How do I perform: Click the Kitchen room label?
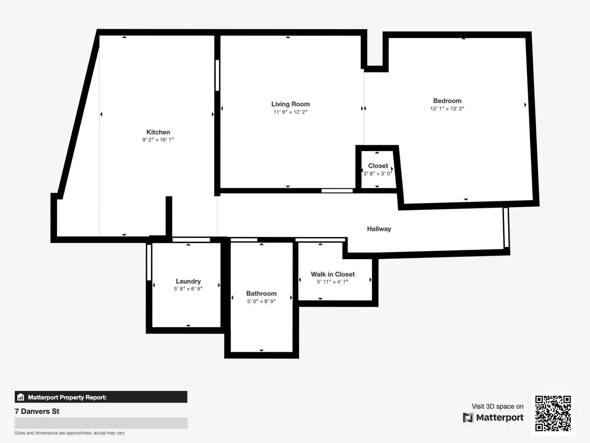click(158, 132)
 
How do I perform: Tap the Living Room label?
click(290, 104)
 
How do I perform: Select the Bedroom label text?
click(447, 101)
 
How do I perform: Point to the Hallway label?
click(379, 229)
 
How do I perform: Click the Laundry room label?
click(188, 281)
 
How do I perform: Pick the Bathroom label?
click(261, 293)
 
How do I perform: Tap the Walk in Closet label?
click(333, 274)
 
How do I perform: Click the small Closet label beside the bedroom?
click(378, 166)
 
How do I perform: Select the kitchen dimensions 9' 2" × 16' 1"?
click(158, 139)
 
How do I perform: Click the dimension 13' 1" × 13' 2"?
click(447, 109)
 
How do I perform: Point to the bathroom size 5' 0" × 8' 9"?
click(261, 301)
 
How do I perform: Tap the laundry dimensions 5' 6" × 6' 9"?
click(188, 289)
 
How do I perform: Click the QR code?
click(553, 413)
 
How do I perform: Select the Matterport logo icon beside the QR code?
click(468, 418)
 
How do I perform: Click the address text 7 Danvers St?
click(37, 411)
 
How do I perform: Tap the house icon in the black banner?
click(21, 397)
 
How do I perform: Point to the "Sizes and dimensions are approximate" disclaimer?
click(70, 433)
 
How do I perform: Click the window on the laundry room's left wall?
click(149, 263)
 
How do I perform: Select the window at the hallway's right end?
click(506, 228)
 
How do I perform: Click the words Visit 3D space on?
click(497, 406)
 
